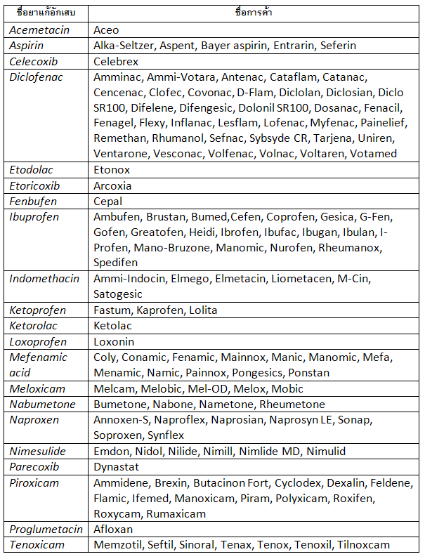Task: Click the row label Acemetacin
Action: tap(36, 29)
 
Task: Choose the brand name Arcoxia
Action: tap(112, 185)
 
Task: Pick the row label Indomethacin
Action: tap(44, 278)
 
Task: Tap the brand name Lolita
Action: tap(203, 310)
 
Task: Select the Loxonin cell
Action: tap(115, 341)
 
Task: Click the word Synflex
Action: tap(166, 435)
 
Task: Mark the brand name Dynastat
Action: tap(116, 466)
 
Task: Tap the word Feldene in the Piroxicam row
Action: tap(393, 483)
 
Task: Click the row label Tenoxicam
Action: tap(37, 544)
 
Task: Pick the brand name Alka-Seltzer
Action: tap(124, 45)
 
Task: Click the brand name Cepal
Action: tap(108, 201)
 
